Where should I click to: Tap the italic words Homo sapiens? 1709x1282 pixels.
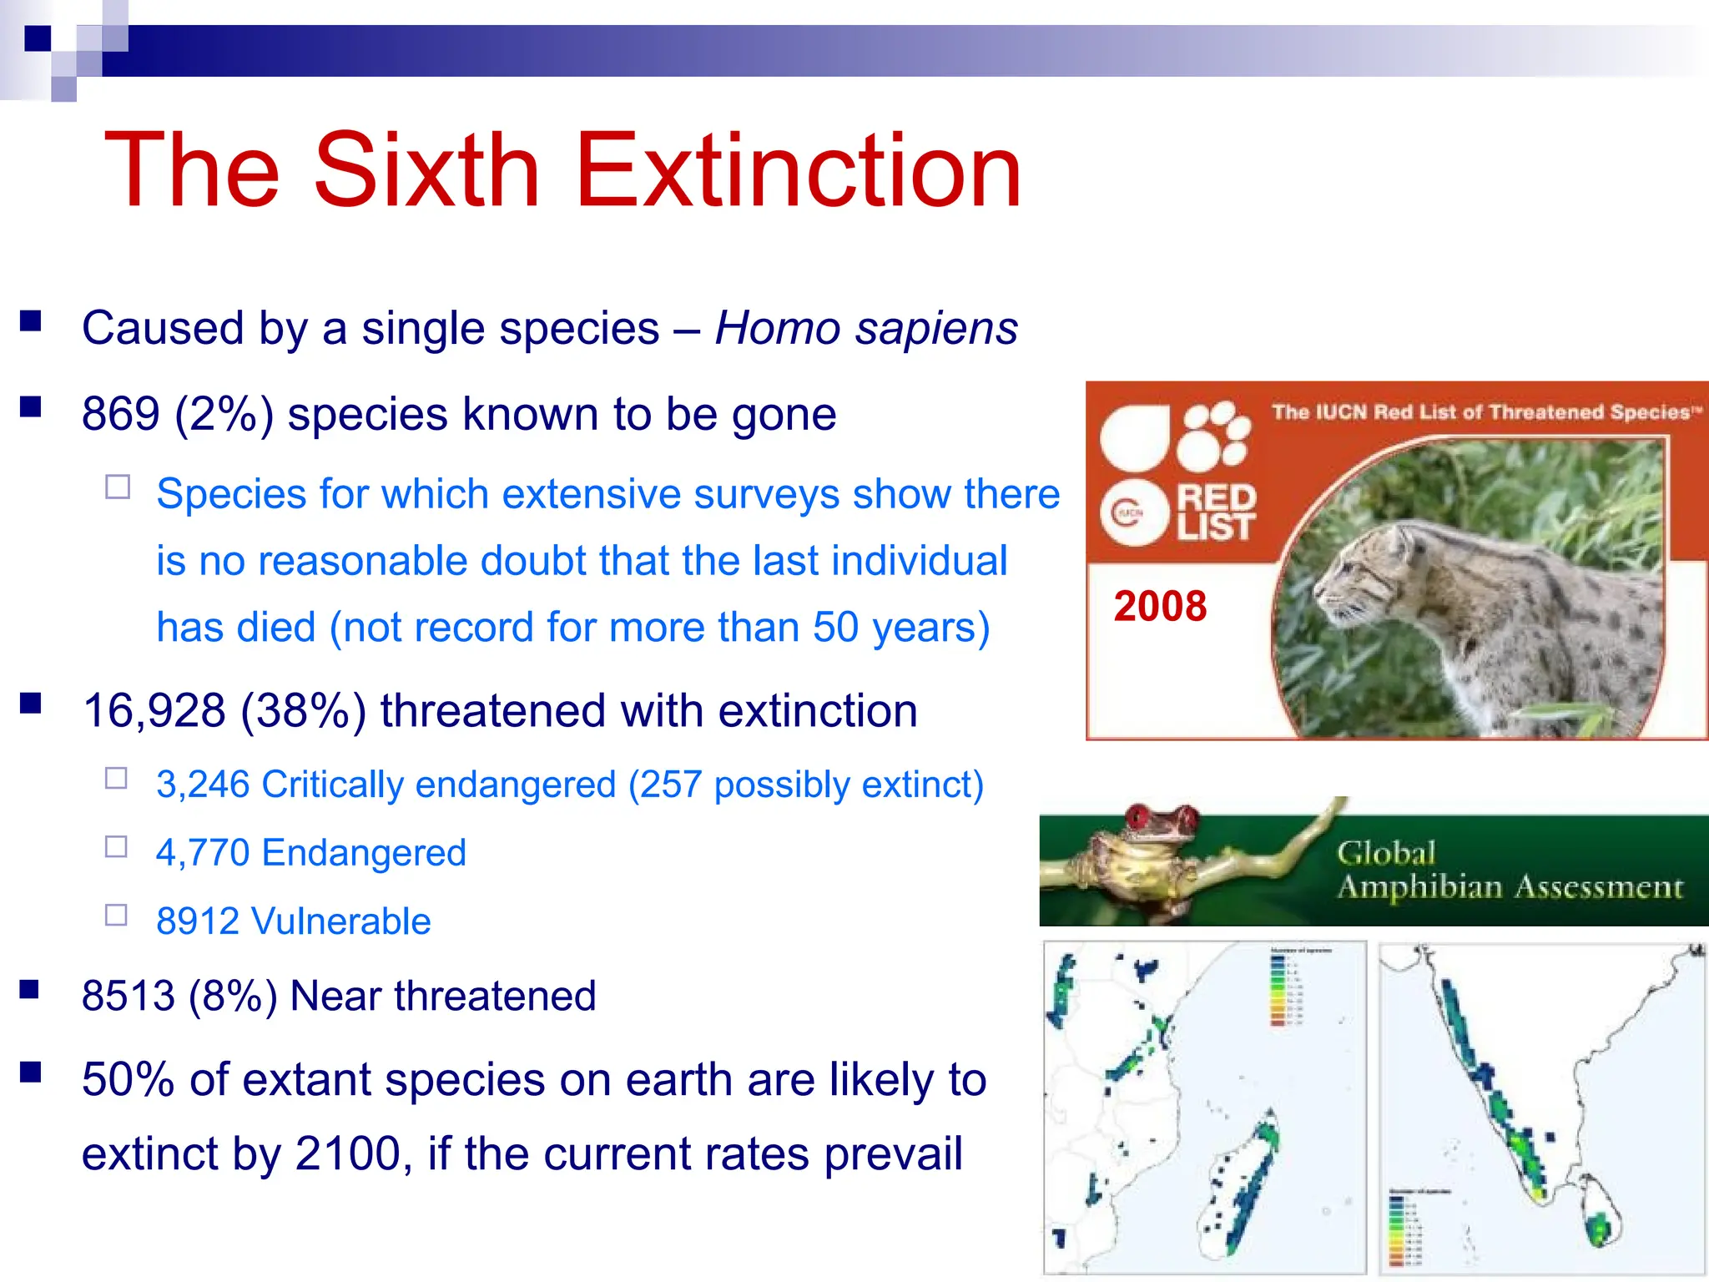pyautogui.click(x=866, y=328)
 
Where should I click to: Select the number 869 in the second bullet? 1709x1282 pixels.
pyautogui.click(x=121, y=414)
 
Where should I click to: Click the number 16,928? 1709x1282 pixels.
pyautogui.click(x=154, y=711)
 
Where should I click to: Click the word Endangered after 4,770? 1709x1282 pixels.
pyautogui.click(x=364, y=853)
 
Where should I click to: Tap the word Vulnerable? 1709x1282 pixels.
pyautogui.click(x=340, y=921)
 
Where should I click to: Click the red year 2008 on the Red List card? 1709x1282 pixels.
pyautogui.click(x=1160, y=606)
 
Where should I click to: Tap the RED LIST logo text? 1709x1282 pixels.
pyautogui.click(x=1215, y=512)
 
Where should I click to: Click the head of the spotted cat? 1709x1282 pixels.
pyautogui.click(x=1369, y=576)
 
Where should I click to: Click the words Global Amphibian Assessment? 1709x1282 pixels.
pyautogui.click(x=1509, y=871)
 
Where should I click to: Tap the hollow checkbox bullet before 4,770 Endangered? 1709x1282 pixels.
pyautogui.click(x=116, y=847)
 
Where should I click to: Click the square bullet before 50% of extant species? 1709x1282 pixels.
pyautogui.click(x=31, y=1073)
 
